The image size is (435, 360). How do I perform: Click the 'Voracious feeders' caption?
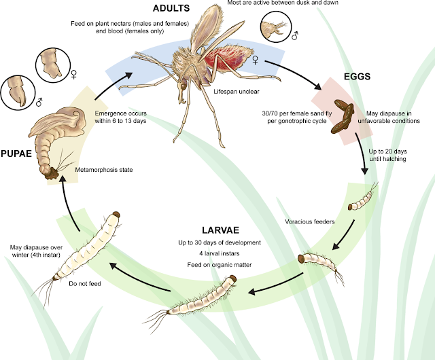(309, 221)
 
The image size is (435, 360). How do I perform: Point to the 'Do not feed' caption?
(86, 283)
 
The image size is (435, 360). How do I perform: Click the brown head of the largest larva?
(117, 215)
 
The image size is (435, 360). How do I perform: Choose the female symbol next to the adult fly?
(255, 60)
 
